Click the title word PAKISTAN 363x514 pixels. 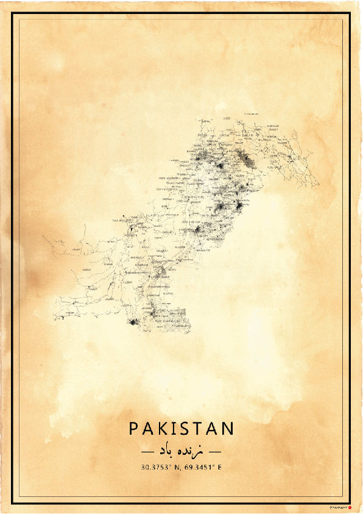tap(181, 429)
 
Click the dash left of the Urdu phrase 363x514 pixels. tap(146, 452)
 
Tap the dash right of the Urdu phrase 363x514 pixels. tap(216, 452)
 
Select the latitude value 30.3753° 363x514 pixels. tap(157, 468)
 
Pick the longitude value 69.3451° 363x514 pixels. tap(199, 468)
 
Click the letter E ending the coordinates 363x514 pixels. tap(220, 468)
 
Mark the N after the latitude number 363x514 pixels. tap(177, 468)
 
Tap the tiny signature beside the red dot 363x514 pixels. tap(337, 505)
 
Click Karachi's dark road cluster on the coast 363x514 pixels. tap(133, 321)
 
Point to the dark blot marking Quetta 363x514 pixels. tap(130, 230)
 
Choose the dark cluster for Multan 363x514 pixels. tap(197, 230)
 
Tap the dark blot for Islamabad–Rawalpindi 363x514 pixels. tap(219, 165)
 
